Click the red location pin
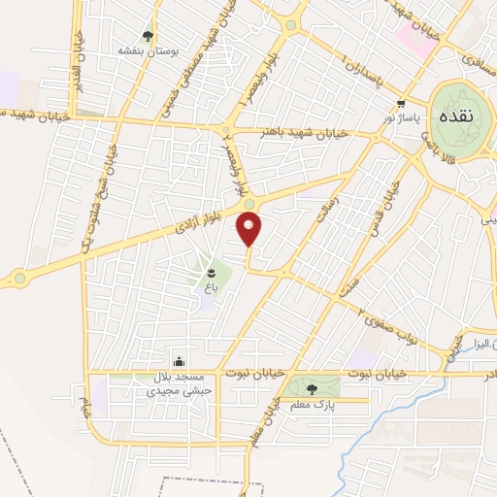pos(249,229)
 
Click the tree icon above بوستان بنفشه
pos(148,35)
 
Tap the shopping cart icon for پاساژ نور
pos(400,102)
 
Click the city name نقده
pos(455,116)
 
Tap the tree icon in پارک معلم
pos(311,389)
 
